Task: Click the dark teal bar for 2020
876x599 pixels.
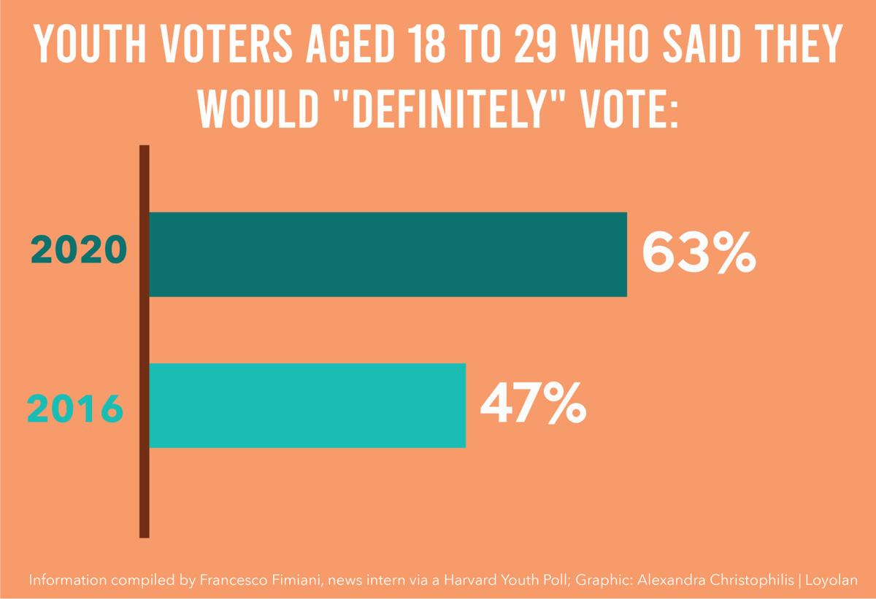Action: coord(388,255)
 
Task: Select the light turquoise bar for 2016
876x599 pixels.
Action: coord(307,405)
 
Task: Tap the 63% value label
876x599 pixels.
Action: coord(699,253)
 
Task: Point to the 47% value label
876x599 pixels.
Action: coord(533,403)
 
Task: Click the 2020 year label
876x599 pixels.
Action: coord(79,252)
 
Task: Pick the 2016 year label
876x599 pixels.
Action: coord(75,409)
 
